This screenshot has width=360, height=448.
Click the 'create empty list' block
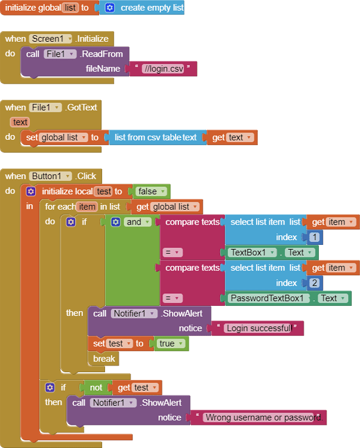pyautogui.click(x=142, y=8)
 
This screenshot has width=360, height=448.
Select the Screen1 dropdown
pyautogui.click(x=51, y=39)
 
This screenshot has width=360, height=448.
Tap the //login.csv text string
pyautogui.click(x=164, y=69)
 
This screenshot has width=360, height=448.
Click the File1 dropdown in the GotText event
pyautogui.click(x=45, y=108)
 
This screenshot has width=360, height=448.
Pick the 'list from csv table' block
pyautogui.click(x=156, y=137)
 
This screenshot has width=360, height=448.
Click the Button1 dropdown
pyautogui.click(x=50, y=176)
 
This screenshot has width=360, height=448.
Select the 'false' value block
pyautogui.click(x=151, y=191)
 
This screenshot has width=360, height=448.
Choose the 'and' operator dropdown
pyautogui.click(x=137, y=222)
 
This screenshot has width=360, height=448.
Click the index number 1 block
pyautogui.click(x=314, y=237)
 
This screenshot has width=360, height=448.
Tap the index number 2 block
pyautogui.click(x=314, y=283)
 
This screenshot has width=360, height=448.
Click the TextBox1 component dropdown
pyautogui.click(x=253, y=253)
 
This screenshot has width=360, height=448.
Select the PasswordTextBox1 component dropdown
pyautogui.click(x=269, y=298)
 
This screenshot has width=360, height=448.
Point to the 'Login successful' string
pyautogui.click(x=259, y=329)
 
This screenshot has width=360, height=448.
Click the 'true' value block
pyautogui.click(x=170, y=343)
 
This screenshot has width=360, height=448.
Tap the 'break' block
pyautogui.click(x=104, y=358)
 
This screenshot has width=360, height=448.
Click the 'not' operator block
pyautogui.click(x=96, y=388)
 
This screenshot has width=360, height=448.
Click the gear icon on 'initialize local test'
pyautogui.click(x=31, y=191)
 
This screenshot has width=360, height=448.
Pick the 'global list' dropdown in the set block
pyautogui.click(x=63, y=137)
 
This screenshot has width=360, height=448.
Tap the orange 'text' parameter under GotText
pyautogui.click(x=20, y=122)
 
